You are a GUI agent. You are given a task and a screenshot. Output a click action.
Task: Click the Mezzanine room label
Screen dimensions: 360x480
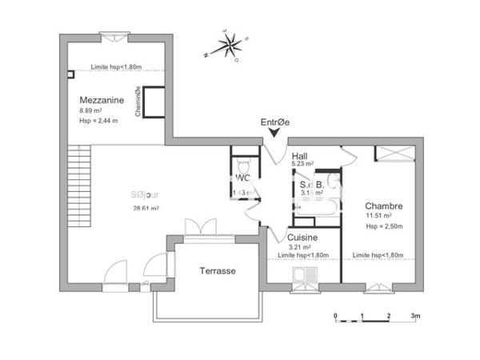coord(102,100)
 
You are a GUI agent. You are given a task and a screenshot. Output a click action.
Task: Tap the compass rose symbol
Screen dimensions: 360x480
coord(230,46)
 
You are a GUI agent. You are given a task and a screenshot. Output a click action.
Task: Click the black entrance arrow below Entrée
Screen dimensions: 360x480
coord(275,134)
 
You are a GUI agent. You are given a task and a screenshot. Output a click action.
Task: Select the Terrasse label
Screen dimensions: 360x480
coord(218,271)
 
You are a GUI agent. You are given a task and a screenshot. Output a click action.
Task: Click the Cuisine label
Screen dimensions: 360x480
coord(302,238)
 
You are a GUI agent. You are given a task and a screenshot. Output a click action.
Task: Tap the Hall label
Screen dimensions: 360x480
coord(300,155)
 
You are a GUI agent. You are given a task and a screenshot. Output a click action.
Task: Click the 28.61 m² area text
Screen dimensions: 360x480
coord(146,208)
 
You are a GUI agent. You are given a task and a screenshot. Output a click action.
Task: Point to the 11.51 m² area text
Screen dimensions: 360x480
coord(378,216)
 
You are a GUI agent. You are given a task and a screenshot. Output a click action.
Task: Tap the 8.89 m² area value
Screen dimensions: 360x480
coord(92,110)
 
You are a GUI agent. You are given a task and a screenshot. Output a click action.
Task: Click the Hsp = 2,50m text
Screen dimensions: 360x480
coord(382,226)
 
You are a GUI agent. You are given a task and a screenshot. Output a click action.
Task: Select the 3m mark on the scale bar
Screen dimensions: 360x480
coord(415,316)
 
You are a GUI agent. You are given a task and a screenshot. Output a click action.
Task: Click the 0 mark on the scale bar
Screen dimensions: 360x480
coord(336,316)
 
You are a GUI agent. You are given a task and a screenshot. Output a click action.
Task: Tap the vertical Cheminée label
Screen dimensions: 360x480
coord(138,102)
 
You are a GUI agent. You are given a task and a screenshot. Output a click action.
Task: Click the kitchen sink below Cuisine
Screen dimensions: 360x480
coord(305,276)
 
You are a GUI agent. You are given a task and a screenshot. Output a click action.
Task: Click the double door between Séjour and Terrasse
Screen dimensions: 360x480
coord(200,227)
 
